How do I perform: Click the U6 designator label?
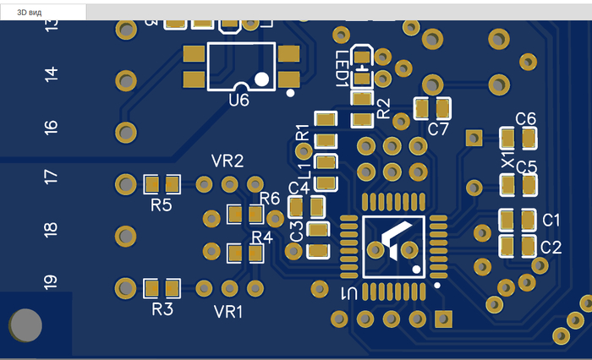tap(239, 101)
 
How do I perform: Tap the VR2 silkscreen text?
tap(227, 161)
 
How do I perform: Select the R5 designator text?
tap(162, 205)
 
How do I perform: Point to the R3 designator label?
tap(162, 309)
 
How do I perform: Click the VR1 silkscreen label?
tap(228, 312)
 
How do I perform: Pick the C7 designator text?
tap(438, 129)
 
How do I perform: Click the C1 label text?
tap(551, 220)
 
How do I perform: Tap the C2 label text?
tap(551, 247)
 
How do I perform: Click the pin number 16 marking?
tap(52, 127)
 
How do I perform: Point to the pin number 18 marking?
tap(51, 229)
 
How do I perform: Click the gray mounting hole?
tap(25, 325)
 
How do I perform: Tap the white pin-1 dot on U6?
tap(261, 79)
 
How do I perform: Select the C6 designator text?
tap(526, 118)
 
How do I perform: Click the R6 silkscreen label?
tap(270, 198)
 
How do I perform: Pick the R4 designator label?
tap(262, 237)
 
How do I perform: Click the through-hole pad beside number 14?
tap(126, 81)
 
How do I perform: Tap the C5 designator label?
tap(526, 166)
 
